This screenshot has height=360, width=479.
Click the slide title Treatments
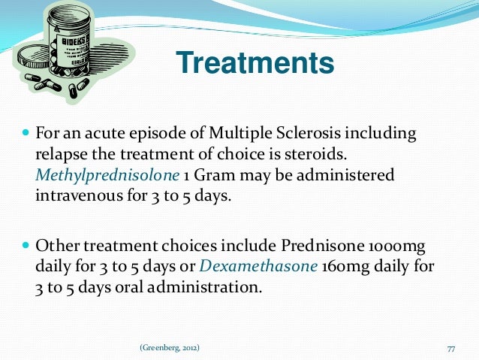point(254,63)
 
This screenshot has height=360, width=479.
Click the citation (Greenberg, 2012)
point(170,348)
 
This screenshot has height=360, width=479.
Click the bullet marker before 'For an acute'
point(26,135)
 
